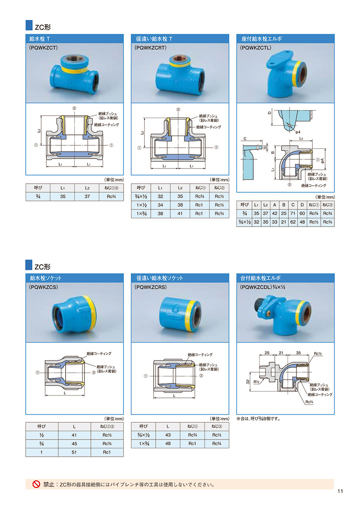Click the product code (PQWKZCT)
tap(43, 48)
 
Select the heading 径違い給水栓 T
tap(154, 39)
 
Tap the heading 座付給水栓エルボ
tap(262, 39)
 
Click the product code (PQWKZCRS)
tap(150, 287)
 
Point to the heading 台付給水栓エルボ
tap(260, 278)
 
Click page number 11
tap(340, 497)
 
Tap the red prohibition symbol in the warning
tap(36, 484)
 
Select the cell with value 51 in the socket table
tap(74, 452)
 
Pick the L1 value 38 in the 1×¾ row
tap(160, 213)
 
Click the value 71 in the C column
tap(293, 213)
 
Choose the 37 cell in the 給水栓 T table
tap(87, 197)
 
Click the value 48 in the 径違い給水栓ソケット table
tap(168, 444)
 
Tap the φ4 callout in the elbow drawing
tap(298, 132)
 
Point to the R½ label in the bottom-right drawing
tap(256, 381)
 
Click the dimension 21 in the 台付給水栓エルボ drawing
tap(281, 353)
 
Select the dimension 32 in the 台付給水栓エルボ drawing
tap(248, 381)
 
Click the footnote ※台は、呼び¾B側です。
tap(258, 419)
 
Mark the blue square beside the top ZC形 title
tap(29, 25)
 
